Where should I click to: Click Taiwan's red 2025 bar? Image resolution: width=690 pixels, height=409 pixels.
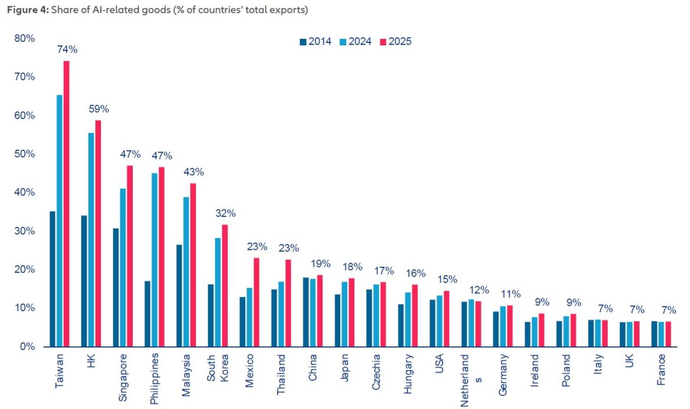click(67, 204)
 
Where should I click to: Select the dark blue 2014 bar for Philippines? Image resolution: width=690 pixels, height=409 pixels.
click(147, 314)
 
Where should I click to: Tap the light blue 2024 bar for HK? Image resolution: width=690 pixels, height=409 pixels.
click(91, 240)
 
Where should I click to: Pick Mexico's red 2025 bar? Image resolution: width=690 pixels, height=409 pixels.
click(257, 302)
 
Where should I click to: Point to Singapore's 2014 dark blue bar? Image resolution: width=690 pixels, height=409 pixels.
click(116, 288)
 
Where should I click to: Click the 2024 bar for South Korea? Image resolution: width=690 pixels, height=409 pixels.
click(218, 292)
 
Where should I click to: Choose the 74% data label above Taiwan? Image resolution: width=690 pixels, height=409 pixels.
click(67, 50)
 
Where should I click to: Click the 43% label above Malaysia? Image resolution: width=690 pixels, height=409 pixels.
click(193, 172)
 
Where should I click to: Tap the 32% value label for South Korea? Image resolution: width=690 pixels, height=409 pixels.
click(225, 213)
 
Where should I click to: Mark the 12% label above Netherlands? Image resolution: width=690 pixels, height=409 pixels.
click(479, 290)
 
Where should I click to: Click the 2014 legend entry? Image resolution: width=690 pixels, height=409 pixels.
click(316, 42)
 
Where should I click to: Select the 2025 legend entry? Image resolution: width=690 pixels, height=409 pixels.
click(396, 42)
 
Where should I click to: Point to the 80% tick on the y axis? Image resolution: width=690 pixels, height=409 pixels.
click(25, 38)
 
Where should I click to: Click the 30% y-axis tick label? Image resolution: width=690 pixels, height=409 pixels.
click(25, 231)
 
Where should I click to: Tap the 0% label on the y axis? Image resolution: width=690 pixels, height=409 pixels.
click(27, 347)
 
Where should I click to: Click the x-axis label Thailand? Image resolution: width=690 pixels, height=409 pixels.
click(281, 375)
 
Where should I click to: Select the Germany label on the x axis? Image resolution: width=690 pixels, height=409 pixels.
click(503, 375)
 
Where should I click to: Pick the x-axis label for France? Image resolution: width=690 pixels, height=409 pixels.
click(661, 370)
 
